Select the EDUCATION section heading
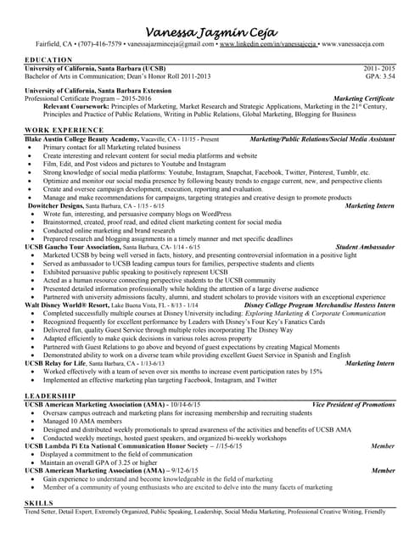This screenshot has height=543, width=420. [48, 59]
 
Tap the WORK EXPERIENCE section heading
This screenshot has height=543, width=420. [64, 130]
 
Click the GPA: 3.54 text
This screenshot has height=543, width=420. [379, 75]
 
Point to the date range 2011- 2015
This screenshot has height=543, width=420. [379, 67]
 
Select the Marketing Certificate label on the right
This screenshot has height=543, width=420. [364, 98]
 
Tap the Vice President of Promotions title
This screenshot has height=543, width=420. [353, 405]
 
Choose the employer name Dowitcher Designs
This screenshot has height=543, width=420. [54, 206]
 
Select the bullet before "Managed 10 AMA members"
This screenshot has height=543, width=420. [31, 421]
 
